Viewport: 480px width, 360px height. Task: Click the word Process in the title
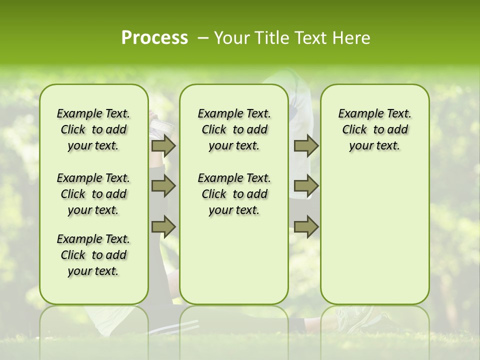(x=154, y=38)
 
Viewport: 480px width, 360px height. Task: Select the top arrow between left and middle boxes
(x=163, y=145)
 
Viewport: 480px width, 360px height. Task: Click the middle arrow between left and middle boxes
(x=163, y=186)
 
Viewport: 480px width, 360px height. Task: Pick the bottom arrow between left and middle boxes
(x=163, y=227)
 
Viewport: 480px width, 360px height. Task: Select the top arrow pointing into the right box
(x=306, y=145)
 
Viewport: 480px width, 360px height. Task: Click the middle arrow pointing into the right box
(x=306, y=186)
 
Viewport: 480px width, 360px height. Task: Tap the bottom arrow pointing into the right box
(x=306, y=227)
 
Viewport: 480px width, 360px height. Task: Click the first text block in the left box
(x=93, y=129)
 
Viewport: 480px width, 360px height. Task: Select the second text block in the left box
(x=93, y=194)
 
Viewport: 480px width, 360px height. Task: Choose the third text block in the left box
(x=93, y=255)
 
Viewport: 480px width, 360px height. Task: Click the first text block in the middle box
(x=234, y=129)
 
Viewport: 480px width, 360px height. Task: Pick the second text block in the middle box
(x=234, y=194)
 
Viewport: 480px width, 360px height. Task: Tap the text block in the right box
(x=375, y=129)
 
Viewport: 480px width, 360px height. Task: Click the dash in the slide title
(x=203, y=38)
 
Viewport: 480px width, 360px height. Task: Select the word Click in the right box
(x=354, y=130)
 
